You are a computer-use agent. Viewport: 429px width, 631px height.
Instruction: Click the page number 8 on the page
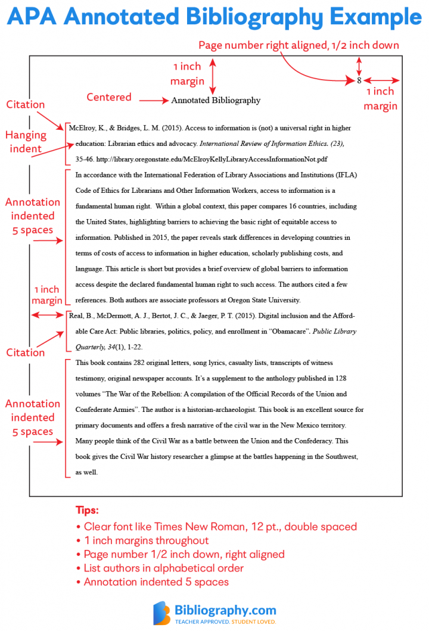(x=359, y=80)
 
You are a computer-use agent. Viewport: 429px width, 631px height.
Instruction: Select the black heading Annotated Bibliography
(x=216, y=101)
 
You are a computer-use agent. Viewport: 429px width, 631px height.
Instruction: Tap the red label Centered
(x=109, y=97)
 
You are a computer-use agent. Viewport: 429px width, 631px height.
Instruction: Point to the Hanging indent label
(x=26, y=142)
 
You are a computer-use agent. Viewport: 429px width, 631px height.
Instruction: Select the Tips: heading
(x=87, y=510)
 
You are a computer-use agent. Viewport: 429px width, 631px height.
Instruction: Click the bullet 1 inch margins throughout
(x=146, y=541)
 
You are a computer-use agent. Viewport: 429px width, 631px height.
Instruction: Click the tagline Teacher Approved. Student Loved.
(x=225, y=621)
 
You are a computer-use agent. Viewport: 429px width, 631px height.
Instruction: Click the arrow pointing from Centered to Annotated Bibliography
(x=154, y=101)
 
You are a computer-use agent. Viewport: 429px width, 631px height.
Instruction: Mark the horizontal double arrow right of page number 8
(x=381, y=80)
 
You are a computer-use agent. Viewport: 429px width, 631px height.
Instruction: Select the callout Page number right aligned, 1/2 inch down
(x=299, y=45)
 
